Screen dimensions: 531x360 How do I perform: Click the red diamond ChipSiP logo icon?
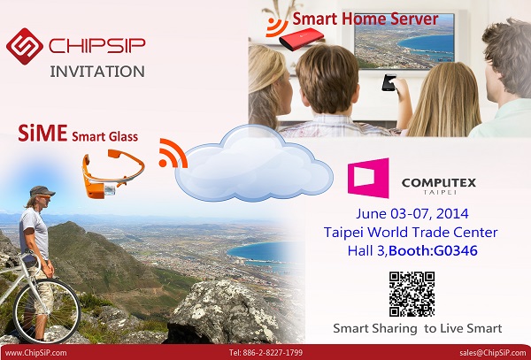point(25,46)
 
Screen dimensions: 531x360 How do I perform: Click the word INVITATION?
point(97,72)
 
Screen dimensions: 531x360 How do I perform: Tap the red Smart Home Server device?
point(301,39)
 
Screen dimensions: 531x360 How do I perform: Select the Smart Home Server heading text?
point(366,19)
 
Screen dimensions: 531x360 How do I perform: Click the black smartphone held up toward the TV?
point(389,82)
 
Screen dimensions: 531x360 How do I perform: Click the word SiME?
point(42,133)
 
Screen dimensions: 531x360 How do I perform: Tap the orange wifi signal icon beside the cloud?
point(173,153)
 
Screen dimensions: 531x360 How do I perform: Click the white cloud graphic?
point(254,164)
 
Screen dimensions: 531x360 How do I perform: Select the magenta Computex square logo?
point(368,178)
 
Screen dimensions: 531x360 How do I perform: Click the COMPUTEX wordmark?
point(439,183)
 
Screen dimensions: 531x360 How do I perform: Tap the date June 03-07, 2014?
point(412,214)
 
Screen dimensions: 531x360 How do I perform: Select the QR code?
point(412,294)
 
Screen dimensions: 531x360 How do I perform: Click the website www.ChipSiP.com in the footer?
point(36,353)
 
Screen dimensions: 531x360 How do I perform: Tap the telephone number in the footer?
point(265,353)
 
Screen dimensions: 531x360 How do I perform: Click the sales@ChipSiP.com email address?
point(493,353)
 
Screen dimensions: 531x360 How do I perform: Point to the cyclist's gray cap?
point(42,191)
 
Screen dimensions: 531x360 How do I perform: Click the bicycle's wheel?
point(47,310)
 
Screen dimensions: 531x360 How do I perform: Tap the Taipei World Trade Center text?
point(411,233)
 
